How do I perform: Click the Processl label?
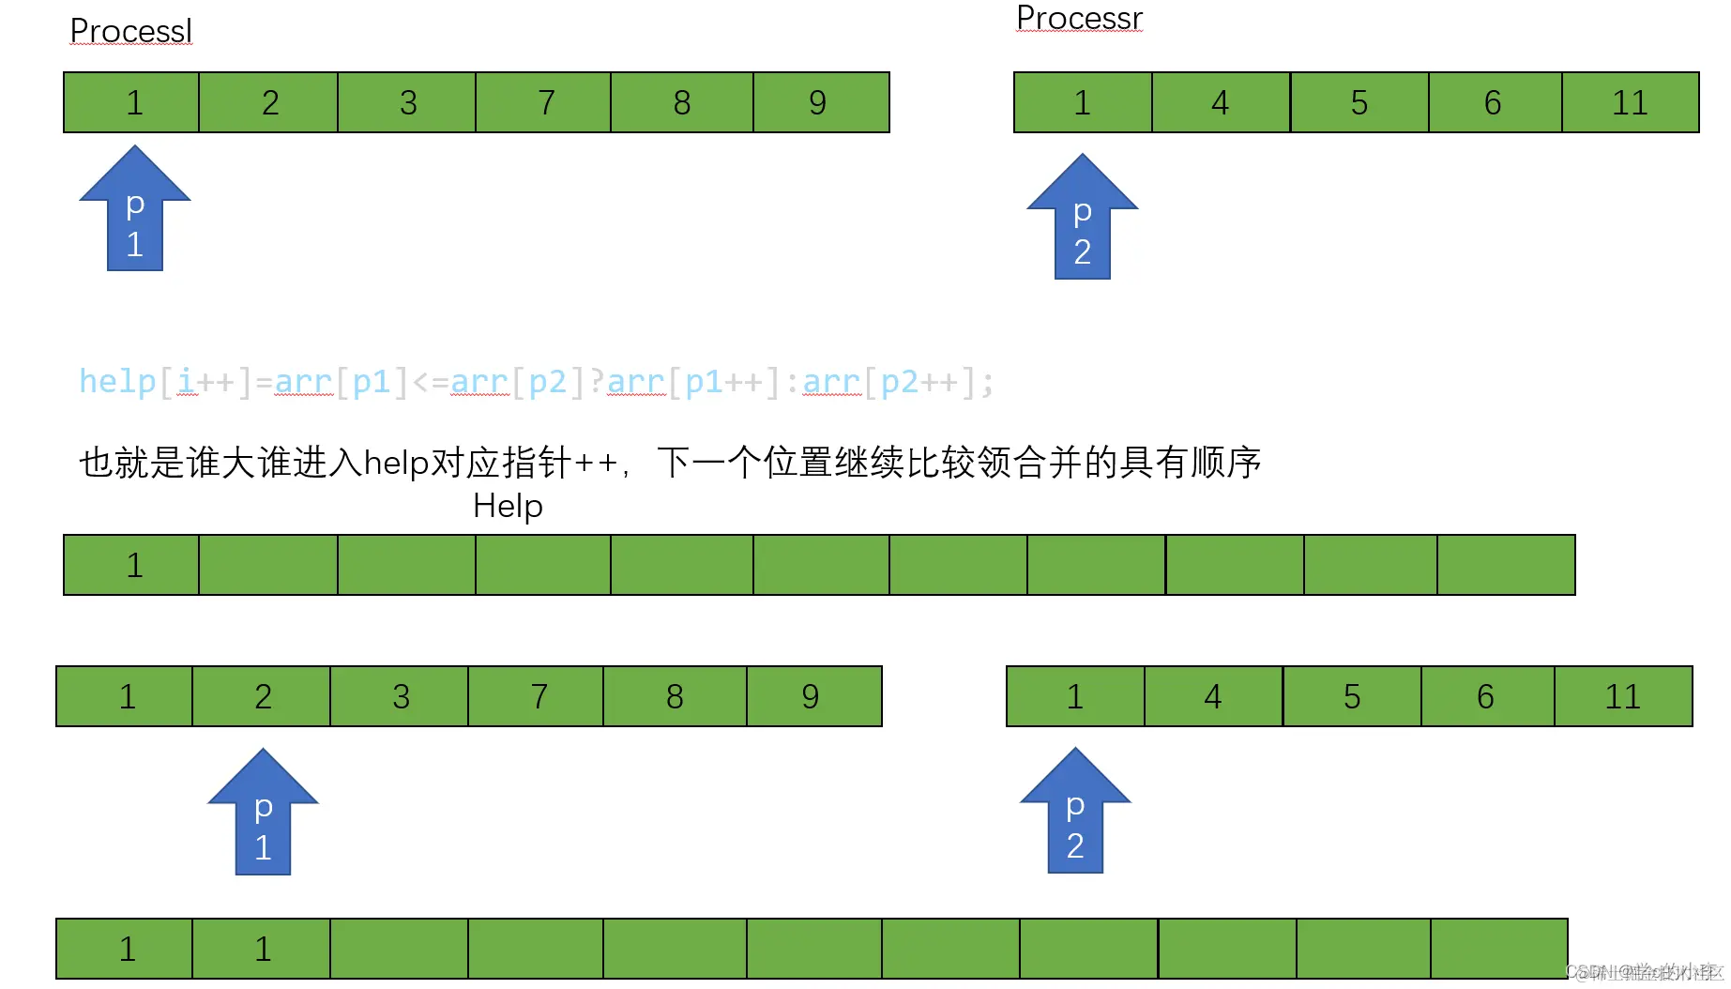click(x=131, y=31)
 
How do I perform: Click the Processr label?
click(x=1079, y=18)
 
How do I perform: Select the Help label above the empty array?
click(x=508, y=506)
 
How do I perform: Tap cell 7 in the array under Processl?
click(x=545, y=102)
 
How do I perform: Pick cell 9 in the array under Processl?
click(x=819, y=102)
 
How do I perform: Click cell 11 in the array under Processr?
click(x=1630, y=102)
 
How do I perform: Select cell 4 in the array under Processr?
click(x=1220, y=102)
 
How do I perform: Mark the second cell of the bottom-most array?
click(x=262, y=949)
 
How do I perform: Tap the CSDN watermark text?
click(x=1645, y=972)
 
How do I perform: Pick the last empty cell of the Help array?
click(x=1505, y=565)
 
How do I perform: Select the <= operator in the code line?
click(x=431, y=382)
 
